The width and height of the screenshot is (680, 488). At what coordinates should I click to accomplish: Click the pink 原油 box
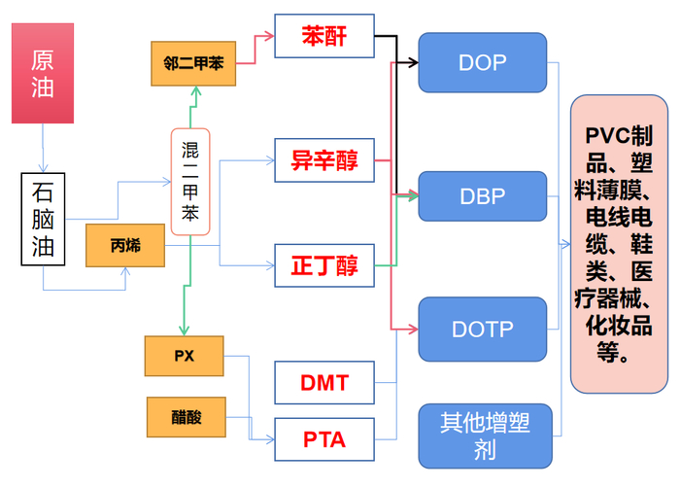tap(43, 75)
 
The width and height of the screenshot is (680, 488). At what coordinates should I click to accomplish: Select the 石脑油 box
tap(43, 220)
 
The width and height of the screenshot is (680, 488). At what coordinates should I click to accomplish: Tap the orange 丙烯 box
tap(124, 245)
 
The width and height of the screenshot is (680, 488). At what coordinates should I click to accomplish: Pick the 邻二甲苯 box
tap(194, 63)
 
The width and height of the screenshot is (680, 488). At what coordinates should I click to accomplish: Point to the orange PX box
tap(185, 356)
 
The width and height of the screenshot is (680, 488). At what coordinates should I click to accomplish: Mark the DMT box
tap(324, 382)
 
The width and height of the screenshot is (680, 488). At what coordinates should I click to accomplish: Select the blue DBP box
tap(482, 195)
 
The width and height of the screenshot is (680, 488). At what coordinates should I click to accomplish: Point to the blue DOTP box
tap(482, 329)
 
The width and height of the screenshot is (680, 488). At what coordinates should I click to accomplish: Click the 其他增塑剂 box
tap(482, 435)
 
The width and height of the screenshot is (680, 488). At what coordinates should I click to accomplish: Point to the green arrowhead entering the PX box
tap(183, 330)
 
